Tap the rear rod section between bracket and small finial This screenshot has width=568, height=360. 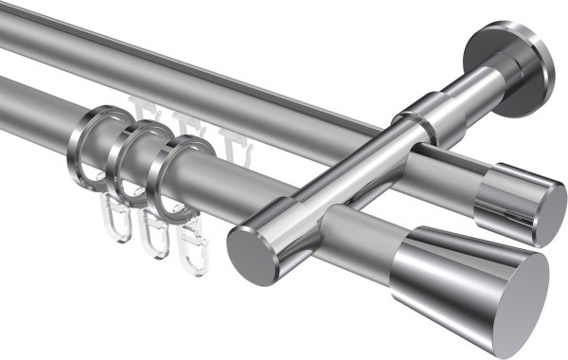point(445,170)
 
